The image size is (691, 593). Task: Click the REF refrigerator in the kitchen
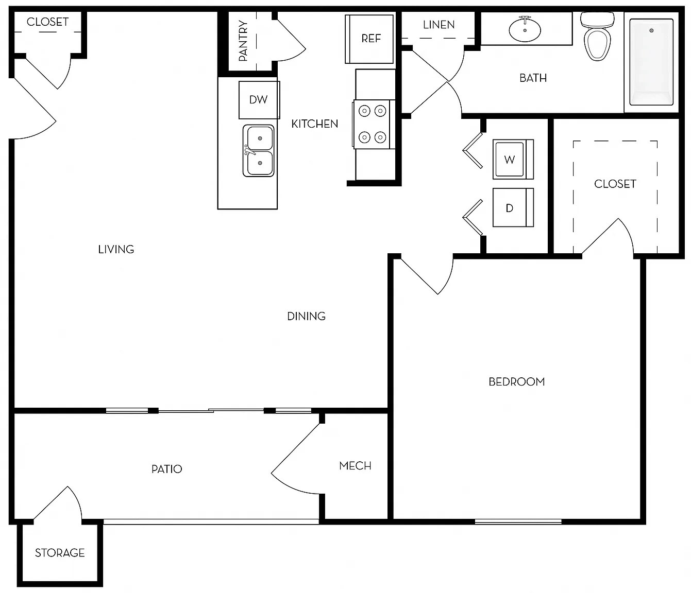pos(369,39)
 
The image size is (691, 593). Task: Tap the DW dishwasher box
pos(259,99)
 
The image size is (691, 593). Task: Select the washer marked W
pos(513,159)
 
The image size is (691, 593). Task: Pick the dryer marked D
pos(513,207)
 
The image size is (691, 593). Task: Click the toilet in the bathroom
pos(597,37)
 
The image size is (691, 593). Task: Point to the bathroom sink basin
pos(525,29)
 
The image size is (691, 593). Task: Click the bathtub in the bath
pos(651,62)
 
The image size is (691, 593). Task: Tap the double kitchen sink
pos(258,151)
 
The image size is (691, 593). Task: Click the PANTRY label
pos(243,40)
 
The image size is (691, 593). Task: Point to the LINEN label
pos(439,25)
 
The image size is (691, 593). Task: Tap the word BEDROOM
pos(516,381)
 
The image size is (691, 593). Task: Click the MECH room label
pos(355,466)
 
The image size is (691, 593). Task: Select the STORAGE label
pos(60,553)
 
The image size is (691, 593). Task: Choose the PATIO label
pos(166,469)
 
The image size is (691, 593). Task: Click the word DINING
pos(306,316)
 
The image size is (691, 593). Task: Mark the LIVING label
pos(116,250)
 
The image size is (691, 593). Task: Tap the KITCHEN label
pos(314,124)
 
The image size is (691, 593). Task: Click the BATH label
pos(533,78)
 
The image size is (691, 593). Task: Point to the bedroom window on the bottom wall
pos(518,521)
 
